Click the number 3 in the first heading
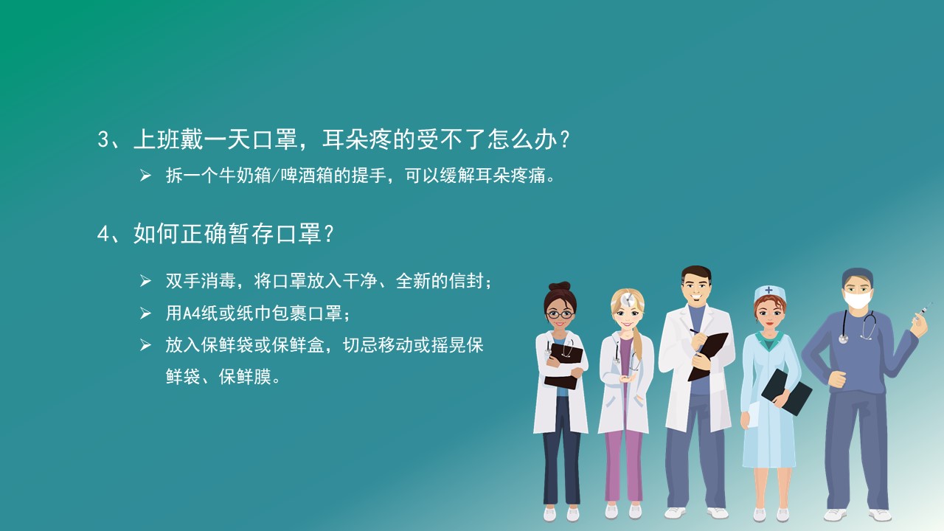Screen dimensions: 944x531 coord(104,139)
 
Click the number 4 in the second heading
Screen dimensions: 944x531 coord(103,234)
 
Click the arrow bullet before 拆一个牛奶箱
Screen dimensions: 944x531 coord(145,176)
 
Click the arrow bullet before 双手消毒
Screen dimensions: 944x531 coord(145,281)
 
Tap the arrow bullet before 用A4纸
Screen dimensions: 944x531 coord(145,313)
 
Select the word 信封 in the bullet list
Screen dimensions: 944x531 coord(466,281)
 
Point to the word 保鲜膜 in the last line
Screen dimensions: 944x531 coord(245,377)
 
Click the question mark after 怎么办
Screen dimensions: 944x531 coord(564,139)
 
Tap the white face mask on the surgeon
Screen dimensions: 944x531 coord(858,299)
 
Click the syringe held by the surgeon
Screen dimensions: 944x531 coord(923,310)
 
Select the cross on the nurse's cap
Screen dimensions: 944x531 coord(768,291)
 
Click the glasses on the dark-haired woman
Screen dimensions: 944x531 coord(560,314)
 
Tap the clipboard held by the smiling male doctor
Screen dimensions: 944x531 coord(708,356)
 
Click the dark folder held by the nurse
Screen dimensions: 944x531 coord(786,392)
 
